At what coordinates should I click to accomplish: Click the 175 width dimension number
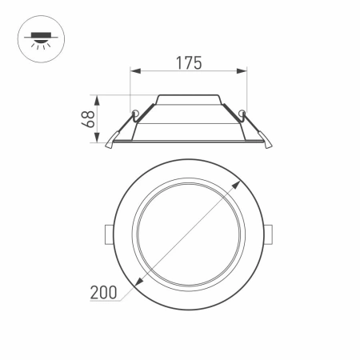coord(189,62)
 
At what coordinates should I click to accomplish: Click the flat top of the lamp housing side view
coord(189,95)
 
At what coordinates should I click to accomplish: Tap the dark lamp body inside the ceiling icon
coord(36,34)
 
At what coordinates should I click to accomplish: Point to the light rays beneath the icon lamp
coord(36,43)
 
